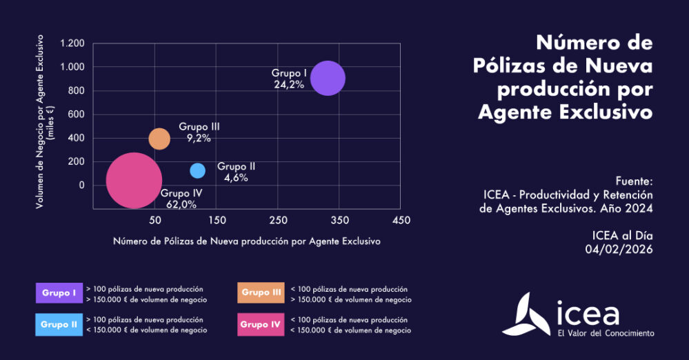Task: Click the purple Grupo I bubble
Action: [328, 78]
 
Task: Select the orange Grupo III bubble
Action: [159, 139]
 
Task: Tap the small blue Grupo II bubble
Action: [197, 170]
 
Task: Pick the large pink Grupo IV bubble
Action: [134, 180]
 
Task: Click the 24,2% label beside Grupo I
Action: [289, 85]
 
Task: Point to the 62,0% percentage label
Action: [181, 204]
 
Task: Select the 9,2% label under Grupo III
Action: [199, 138]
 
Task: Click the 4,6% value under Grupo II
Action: [236, 177]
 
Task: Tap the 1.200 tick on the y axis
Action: [72, 43]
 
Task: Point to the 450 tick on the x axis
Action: [401, 220]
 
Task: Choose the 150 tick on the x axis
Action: [217, 220]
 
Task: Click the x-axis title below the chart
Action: [246, 241]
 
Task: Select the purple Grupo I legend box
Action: [59, 293]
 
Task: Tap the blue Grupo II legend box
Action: [59, 324]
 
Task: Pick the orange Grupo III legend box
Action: [261, 293]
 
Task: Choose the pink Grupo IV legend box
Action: [261, 324]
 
